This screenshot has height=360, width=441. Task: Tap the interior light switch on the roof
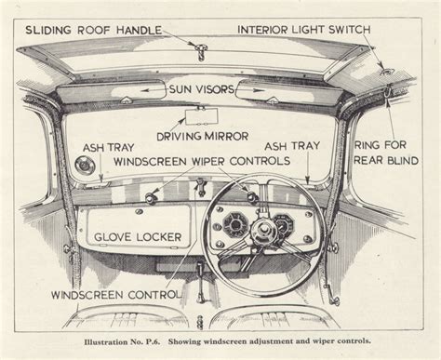pos(386,72)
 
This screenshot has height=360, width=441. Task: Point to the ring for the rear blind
pos(388,91)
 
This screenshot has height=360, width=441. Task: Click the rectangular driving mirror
pos(202,117)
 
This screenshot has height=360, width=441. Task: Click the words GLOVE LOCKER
pos(138,237)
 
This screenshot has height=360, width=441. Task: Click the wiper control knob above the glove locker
pos(150,196)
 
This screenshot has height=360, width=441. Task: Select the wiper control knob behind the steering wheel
pos(252,196)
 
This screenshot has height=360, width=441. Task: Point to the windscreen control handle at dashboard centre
pos(201,186)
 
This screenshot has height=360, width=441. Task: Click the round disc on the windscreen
pos(83,165)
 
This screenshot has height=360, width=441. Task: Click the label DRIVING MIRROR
pos(203,136)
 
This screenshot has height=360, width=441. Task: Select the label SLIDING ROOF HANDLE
pos(93,30)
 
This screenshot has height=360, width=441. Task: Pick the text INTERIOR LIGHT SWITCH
pos(304,30)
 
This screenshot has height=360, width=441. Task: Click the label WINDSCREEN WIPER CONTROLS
pos(202,161)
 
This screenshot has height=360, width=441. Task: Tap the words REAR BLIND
pos(386,160)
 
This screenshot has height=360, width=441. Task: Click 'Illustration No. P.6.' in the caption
pos(122,341)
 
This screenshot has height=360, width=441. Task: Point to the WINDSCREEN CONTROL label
pos(115,295)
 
